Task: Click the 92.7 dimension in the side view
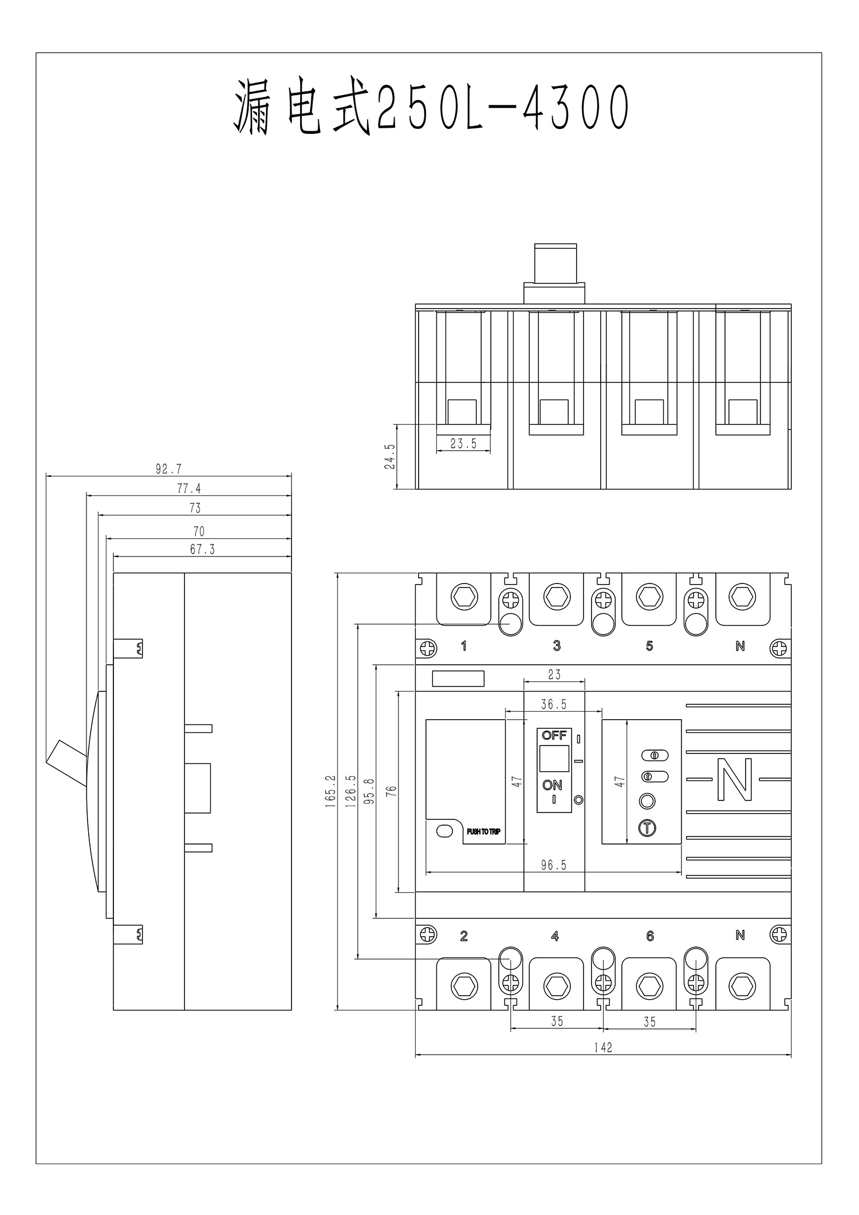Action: (x=168, y=469)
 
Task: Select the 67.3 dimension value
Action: (x=202, y=550)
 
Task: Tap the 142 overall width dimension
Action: (x=603, y=1047)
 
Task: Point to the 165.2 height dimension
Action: (x=330, y=791)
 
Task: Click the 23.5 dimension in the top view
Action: (x=463, y=444)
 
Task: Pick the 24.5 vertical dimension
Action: (x=389, y=456)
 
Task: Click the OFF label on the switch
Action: (x=554, y=736)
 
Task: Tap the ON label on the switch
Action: (x=553, y=785)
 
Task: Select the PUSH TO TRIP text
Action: (x=483, y=832)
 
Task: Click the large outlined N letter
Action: (x=735, y=779)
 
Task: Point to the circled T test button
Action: (x=647, y=828)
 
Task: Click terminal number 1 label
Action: (x=464, y=646)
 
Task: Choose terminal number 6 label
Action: (x=649, y=936)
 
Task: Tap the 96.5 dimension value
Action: (x=554, y=865)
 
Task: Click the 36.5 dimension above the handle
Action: (x=554, y=704)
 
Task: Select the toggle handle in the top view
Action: (x=555, y=263)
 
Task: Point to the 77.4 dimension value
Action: (x=189, y=488)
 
